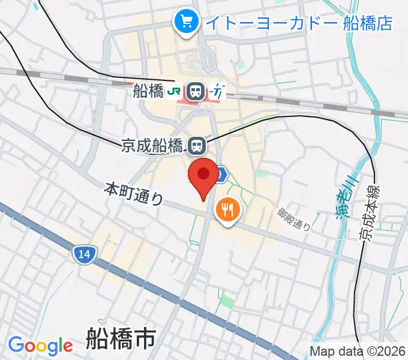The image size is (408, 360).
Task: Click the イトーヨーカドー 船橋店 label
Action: pyautogui.click(x=298, y=23)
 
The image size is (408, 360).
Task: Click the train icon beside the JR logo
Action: pyautogui.click(x=195, y=92)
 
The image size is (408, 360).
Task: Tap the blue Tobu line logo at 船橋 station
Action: pyautogui.click(x=218, y=92)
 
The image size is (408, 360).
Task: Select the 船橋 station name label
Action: pyautogui.click(x=148, y=91)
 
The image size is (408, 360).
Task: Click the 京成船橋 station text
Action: pyautogui.click(x=152, y=145)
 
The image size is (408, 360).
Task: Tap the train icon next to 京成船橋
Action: pyautogui.click(x=196, y=145)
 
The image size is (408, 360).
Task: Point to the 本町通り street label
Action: pyautogui.click(x=133, y=194)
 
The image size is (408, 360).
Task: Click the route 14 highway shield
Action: pyautogui.click(x=84, y=254)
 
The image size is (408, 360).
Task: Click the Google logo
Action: pyautogui.click(x=40, y=346)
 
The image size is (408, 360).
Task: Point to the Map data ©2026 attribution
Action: pyautogui.click(x=358, y=352)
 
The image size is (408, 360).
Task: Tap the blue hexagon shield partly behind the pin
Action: pyautogui.click(x=221, y=174)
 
